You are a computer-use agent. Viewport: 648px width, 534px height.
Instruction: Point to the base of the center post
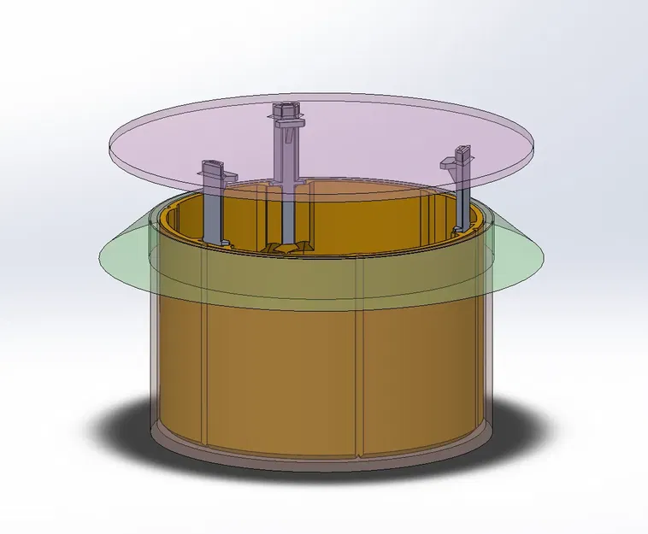[x=286, y=247]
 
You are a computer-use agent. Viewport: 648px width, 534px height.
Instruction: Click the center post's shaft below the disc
[x=288, y=214]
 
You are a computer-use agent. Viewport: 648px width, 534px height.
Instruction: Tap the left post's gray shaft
[x=213, y=209]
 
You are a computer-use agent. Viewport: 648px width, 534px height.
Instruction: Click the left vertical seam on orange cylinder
[x=206, y=367]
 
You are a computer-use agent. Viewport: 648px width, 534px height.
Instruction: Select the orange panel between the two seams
[x=282, y=376]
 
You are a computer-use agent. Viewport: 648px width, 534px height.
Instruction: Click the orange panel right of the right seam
[x=419, y=367]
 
